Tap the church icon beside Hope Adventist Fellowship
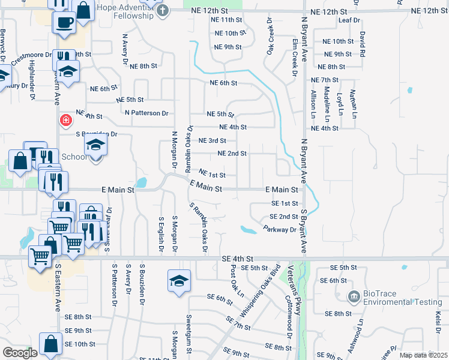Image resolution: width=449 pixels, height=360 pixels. (x=163, y=10)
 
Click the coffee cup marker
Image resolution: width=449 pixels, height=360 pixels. (x=64, y=23)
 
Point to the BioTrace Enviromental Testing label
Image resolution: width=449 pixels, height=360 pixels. (x=403, y=298)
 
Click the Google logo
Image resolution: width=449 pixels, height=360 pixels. (x=20, y=353)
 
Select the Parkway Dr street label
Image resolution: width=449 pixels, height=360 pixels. (x=280, y=229)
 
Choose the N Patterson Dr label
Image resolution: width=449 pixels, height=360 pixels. (x=146, y=113)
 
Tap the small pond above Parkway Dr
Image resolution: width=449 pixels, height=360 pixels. (x=247, y=229)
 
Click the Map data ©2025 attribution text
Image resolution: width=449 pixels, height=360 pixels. (x=423, y=355)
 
